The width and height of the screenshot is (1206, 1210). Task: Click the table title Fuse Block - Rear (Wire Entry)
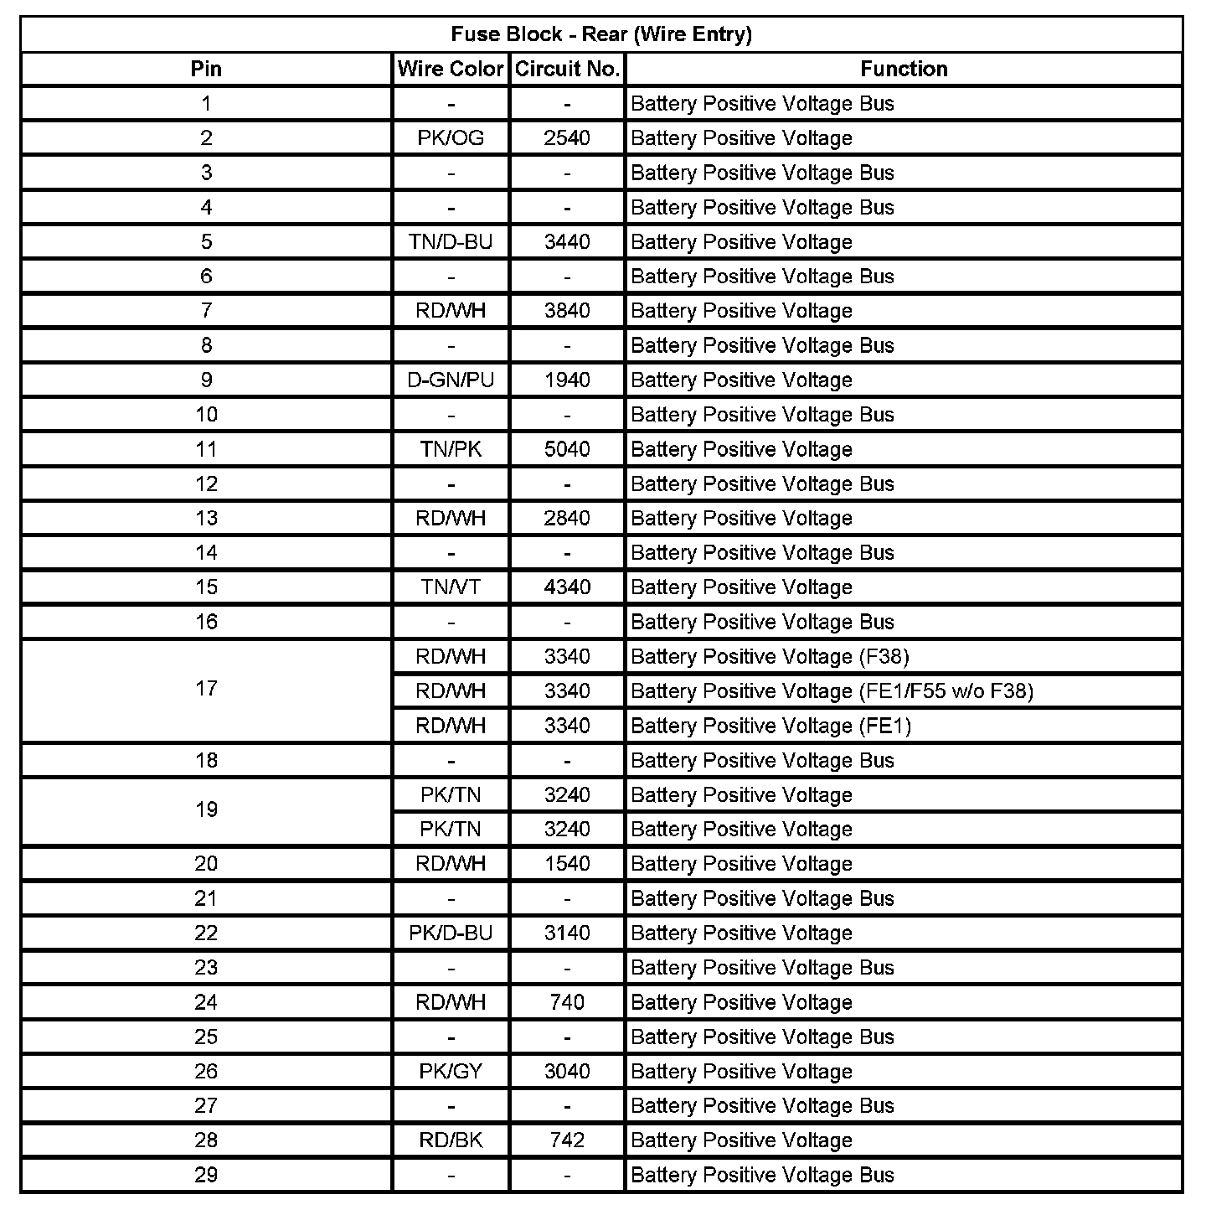(x=601, y=34)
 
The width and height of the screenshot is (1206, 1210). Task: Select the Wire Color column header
(x=451, y=69)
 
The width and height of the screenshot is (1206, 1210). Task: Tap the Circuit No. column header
(x=567, y=69)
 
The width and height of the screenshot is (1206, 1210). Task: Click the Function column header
(x=904, y=69)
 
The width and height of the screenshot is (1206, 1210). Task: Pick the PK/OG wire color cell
(x=451, y=138)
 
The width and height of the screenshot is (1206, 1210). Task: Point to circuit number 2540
(x=567, y=138)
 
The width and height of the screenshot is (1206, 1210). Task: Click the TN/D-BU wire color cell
(x=451, y=242)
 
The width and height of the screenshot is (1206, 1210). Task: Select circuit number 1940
(x=567, y=380)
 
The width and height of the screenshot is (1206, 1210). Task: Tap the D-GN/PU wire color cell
(x=451, y=380)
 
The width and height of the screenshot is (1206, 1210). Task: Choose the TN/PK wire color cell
(x=451, y=449)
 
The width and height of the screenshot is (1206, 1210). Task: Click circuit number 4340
(x=567, y=587)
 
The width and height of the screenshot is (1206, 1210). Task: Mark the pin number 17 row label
(x=206, y=689)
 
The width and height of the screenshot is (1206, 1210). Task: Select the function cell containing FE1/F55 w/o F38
(x=832, y=691)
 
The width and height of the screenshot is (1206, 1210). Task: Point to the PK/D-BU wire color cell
(x=451, y=933)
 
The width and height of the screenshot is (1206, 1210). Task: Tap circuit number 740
(x=567, y=1002)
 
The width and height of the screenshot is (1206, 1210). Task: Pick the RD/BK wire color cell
(x=451, y=1140)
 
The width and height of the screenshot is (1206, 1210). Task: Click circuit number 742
(x=567, y=1140)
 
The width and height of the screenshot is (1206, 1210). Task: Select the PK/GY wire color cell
(x=451, y=1072)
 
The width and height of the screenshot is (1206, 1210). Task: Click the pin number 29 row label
(x=206, y=1175)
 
